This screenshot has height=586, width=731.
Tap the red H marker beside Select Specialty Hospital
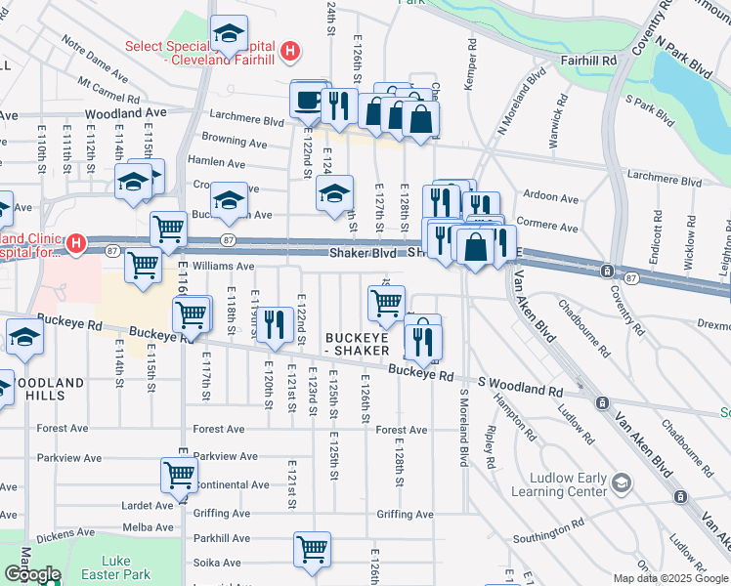tap(289, 51)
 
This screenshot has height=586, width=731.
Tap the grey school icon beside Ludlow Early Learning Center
tap(620, 482)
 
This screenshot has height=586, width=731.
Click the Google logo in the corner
tap(32, 574)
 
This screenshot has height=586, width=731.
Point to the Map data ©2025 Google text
tap(670, 578)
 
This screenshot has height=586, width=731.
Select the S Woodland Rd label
tap(520, 388)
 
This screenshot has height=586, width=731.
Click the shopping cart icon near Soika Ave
tap(312, 550)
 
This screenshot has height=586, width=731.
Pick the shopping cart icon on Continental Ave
tap(179, 476)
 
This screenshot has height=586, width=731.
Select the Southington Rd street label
tap(547, 534)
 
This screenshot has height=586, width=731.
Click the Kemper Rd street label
tap(470, 64)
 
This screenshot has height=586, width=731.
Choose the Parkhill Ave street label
tap(222, 538)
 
